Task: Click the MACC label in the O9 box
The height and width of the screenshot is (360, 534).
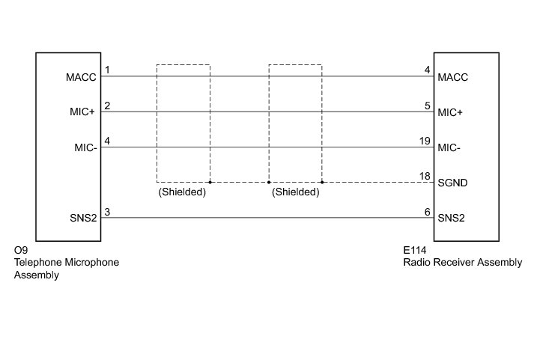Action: [82, 77]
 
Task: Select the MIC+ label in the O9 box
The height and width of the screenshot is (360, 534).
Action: [82, 112]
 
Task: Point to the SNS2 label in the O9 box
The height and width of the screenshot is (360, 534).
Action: [82, 218]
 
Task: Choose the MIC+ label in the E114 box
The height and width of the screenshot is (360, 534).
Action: [451, 112]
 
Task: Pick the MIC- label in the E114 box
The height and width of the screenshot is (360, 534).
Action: [449, 147]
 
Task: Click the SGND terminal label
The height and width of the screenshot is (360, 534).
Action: [452, 183]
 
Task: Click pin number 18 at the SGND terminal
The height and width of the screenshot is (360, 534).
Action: [425, 176]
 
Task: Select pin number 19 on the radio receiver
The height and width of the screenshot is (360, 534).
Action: [425, 141]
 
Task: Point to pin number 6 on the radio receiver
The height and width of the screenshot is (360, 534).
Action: [427, 212]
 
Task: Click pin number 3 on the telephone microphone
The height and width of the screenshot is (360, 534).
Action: [108, 212]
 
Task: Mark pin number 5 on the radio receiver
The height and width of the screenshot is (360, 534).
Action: [427, 106]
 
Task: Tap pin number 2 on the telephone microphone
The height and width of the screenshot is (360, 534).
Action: [108, 106]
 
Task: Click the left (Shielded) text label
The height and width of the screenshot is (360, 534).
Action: [182, 192]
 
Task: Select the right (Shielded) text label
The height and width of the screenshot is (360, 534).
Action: [295, 192]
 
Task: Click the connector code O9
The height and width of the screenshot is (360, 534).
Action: [21, 251]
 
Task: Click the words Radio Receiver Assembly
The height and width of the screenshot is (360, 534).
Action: [462, 263]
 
